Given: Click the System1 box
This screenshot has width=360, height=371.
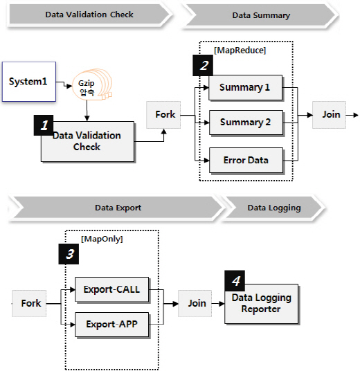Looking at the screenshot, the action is [x=29, y=82].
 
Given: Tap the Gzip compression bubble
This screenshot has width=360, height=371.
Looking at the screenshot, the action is [x=92, y=84].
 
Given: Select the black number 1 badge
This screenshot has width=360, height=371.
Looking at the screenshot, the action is [x=44, y=125].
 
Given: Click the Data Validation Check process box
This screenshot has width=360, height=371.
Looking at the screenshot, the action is [x=87, y=141].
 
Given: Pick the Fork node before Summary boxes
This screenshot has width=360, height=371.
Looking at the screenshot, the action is [x=163, y=115].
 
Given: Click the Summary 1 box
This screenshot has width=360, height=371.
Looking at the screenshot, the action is [x=246, y=87].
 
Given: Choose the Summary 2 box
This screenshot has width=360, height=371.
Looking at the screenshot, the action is [x=246, y=123].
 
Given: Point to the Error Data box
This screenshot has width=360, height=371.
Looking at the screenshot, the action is [x=246, y=161].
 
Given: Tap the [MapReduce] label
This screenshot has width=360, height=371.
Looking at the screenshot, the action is [x=240, y=51].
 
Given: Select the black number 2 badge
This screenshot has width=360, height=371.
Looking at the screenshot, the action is [x=203, y=65].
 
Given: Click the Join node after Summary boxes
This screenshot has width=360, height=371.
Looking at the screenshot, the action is [x=329, y=115].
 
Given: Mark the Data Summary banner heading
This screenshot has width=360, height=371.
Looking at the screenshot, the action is [x=260, y=16].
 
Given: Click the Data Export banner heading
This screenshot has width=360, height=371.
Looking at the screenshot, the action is [x=118, y=208].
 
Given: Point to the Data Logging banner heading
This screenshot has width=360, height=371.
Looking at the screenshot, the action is [x=274, y=208].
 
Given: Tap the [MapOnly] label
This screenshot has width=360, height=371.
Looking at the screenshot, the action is [x=102, y=239].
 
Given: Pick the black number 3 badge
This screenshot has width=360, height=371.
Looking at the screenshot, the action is [x=69, y=254].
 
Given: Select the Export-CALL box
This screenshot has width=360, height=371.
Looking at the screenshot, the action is [x=111, y=289].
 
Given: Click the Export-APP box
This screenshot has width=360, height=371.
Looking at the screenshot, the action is [x=111, y=325].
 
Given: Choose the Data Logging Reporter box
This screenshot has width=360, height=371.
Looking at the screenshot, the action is [x=261, y=304].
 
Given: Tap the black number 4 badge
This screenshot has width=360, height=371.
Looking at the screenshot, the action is [x=235, y=281].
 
